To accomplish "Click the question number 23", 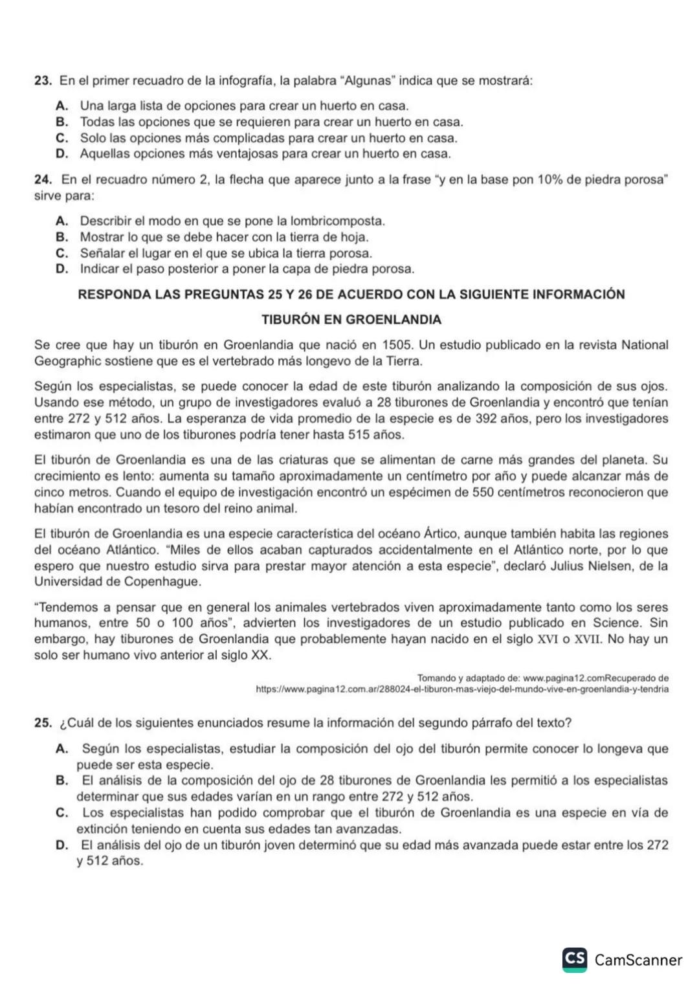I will point(43,81).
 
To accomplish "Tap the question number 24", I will point(43,179).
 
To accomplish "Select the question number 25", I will point(43,722).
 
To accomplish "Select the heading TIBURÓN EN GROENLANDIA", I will point(351,319).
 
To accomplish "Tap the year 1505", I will point(397,345).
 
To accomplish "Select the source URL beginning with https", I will point(462,689).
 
